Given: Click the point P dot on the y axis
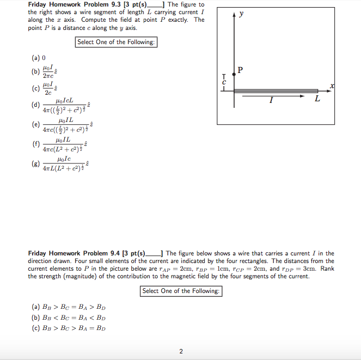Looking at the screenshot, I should click(x=234, y=75).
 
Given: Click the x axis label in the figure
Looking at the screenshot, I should click(x=332, y=86).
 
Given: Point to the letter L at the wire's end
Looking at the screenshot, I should click(x=317, y=99).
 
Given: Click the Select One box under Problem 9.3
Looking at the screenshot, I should click(x=117, y=42).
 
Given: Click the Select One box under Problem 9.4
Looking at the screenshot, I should click(x=181, y=291).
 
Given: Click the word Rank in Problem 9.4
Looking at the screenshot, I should click(x=327, y=269).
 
